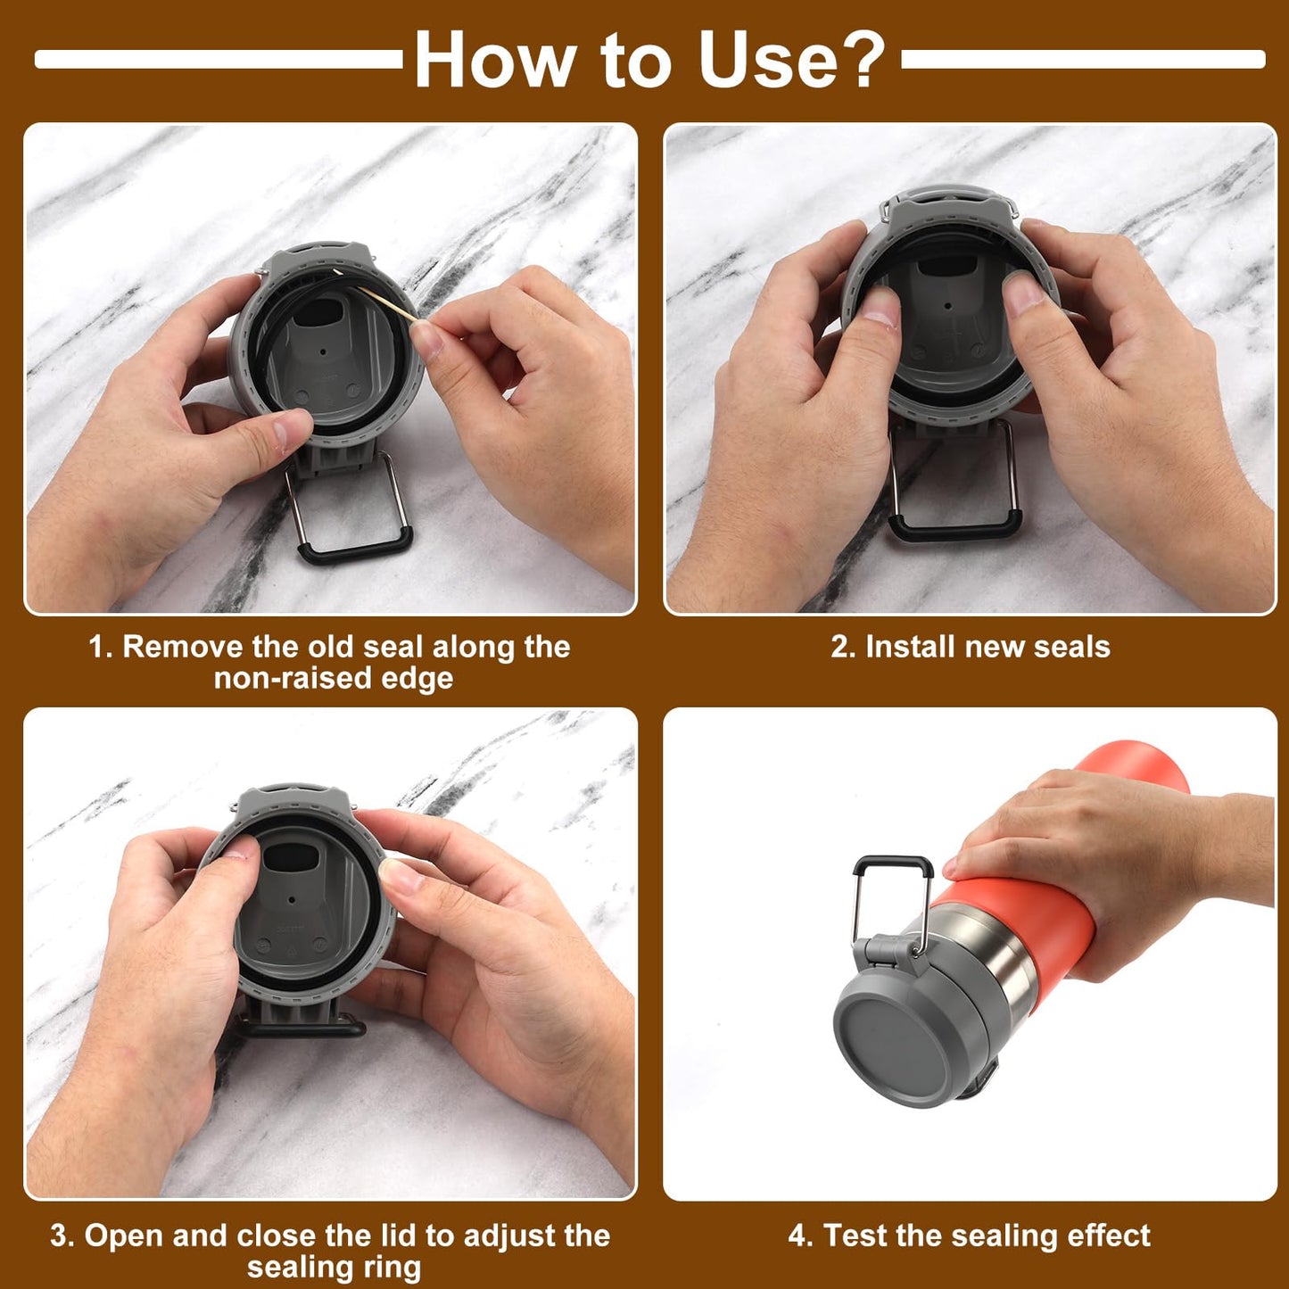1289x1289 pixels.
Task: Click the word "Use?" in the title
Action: tap(790, 60)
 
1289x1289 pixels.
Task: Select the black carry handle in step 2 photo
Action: tap(953, 528)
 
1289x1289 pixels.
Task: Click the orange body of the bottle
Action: tap(1053, 928)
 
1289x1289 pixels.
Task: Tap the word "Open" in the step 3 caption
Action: tap(124, 1236)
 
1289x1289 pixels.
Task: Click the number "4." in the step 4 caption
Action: tap(801, 1236)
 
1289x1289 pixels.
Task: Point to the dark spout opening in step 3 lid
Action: tap(291, 857)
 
